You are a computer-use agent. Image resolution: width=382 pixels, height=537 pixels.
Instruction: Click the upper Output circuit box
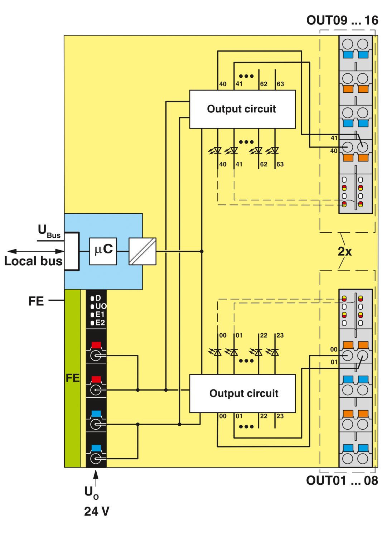click(x=242, y=109)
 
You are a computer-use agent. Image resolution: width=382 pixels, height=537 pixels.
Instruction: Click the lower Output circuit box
click(x=242, y=393)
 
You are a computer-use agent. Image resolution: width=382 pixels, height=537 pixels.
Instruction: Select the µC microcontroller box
click(x=103, y=251)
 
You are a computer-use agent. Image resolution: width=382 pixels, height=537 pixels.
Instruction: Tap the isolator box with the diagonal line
click(x=142, y=251)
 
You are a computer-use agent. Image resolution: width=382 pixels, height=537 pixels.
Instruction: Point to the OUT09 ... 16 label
click(x=342, y=20)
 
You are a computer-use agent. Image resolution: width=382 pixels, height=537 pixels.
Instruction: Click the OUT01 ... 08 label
click(x=342, y=480)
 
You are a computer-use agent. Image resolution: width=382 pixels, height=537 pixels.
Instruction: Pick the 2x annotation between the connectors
click(x=344, y=251)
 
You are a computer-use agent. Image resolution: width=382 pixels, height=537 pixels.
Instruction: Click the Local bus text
click(x=33, y=261)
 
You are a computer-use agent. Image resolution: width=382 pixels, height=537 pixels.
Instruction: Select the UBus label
click(x=49, y=231)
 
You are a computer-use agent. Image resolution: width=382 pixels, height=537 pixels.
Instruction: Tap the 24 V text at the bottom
click(x=97, y=511)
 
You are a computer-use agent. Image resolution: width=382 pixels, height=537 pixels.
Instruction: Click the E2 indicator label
click(x=100, y=323)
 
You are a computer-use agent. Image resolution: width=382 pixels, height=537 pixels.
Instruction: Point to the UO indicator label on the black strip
click(x=101, y=306)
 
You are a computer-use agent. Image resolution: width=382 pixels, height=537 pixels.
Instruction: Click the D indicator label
click(x=98, y=298)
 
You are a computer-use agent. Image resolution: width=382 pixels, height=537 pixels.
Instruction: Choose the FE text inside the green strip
click(x=72, y=378)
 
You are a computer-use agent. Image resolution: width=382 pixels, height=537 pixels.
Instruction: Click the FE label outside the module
click(x=36, y=301)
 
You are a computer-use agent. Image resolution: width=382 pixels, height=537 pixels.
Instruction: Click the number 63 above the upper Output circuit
click(x=280, y=84)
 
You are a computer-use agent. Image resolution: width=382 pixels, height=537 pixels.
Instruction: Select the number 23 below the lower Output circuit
click(x=280, y=416)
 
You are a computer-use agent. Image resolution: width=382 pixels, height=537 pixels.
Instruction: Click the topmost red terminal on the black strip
click(x=96, y=345)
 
